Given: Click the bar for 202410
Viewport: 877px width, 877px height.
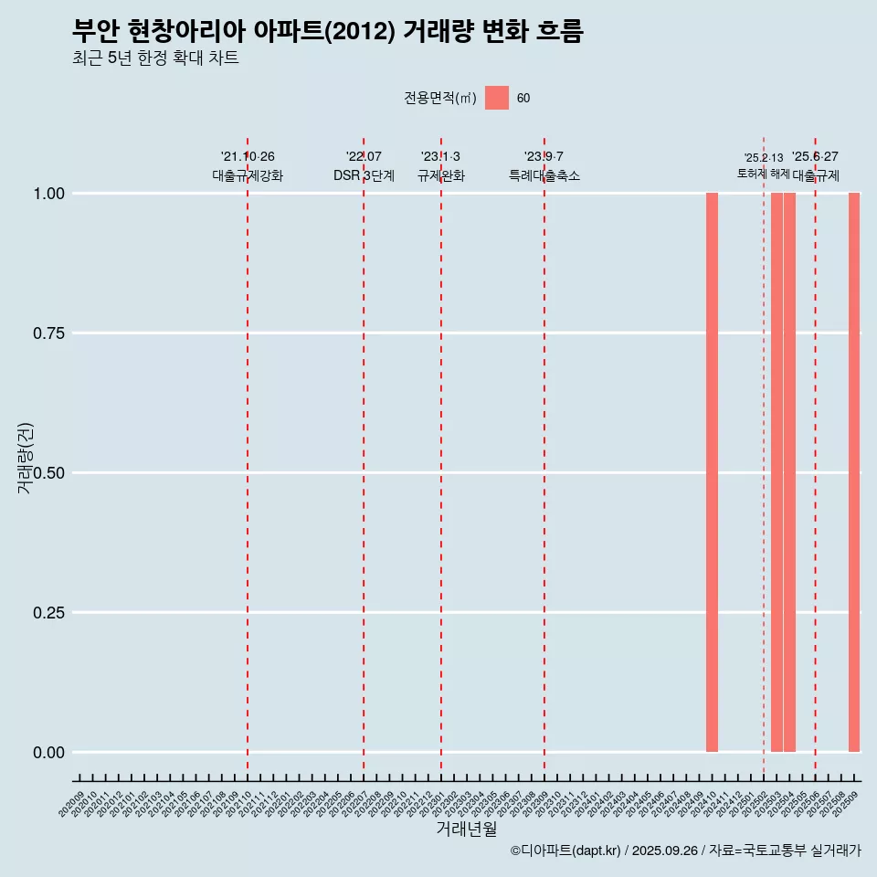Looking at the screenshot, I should [712, 472].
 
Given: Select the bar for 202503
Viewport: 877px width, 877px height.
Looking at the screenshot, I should [777, 472].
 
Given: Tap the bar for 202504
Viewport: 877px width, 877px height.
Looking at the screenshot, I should [789, 472].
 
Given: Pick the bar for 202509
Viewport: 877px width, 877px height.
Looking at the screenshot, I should [854, 472].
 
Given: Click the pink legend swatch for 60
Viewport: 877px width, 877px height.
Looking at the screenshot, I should [497, 98].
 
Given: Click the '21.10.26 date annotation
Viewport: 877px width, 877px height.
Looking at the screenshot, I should [248, 157].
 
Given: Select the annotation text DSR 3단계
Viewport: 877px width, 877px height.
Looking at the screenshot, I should [364, 175].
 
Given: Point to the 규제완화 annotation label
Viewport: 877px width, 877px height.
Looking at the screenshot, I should [441, 175].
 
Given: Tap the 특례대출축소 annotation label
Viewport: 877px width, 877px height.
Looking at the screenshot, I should [544, 175].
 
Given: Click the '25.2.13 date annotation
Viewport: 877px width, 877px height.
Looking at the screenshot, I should [764, 158].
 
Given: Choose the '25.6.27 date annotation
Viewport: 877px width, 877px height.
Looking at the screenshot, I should [815, 157].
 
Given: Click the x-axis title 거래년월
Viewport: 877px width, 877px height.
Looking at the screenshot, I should [467, 829].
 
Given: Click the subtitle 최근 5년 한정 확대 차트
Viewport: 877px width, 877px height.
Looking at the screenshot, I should [155, 58].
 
